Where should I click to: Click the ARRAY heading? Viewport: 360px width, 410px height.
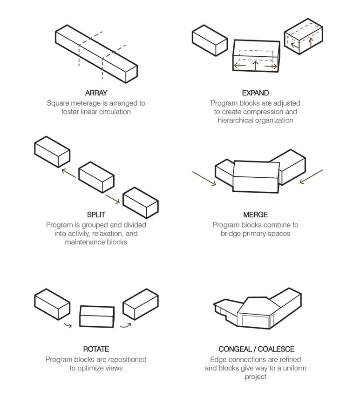pos(96,93)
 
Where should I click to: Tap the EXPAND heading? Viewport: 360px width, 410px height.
pos(255,93)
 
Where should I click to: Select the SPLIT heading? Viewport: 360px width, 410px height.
pos(96,215)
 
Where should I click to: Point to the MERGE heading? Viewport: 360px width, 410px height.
pos(255,215)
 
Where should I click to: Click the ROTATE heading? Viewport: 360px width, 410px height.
pos(96,349)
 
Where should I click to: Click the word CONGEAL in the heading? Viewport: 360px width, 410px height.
pos(235,349)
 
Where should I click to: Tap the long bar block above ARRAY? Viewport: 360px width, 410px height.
pos(95,54)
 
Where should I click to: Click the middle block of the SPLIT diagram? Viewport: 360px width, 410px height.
pos(96,177)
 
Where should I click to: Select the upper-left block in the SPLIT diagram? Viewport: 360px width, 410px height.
pos(52,152)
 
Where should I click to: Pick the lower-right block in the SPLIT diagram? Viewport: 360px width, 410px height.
pos(140,203)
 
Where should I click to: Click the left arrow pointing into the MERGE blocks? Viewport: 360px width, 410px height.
pos(204,179)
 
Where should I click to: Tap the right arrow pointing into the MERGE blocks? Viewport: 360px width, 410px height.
pos(311,176)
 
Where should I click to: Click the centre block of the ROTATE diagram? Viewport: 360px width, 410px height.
pos(97,316)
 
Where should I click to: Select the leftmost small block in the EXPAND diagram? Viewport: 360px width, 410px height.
pos(210,41)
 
